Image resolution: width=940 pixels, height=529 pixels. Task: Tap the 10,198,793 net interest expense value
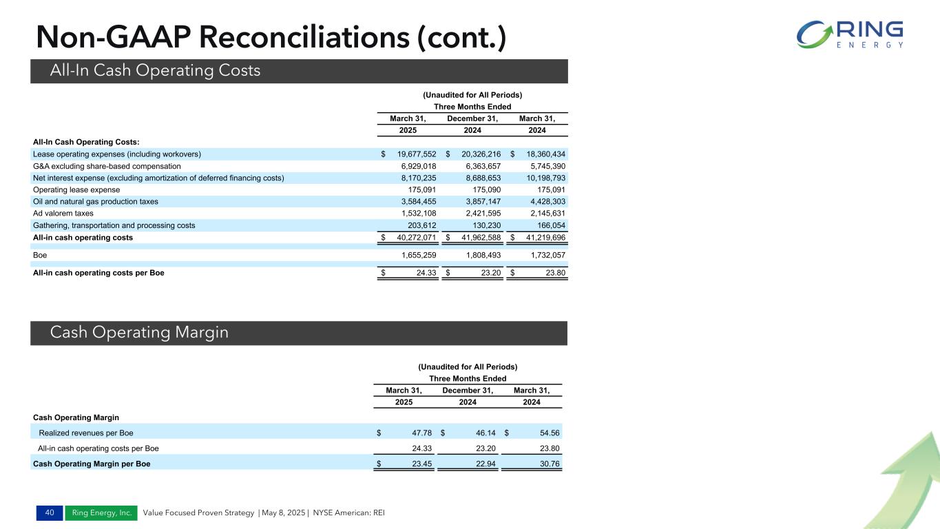(543, 178)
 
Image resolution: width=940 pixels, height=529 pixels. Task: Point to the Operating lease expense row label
(76, 189)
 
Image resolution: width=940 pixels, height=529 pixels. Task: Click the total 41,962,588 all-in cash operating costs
(476, 238)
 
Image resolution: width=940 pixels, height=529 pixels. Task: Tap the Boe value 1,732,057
(543, 255)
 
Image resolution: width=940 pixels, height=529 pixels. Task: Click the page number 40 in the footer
(49, 512)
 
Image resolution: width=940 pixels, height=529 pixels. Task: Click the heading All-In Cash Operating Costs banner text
(155, 70)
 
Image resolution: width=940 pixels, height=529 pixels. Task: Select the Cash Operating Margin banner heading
(139, 333)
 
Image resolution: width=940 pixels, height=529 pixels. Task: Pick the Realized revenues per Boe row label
(86, 433)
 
